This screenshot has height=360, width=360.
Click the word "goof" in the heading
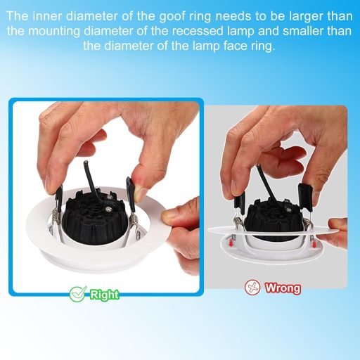coord(174,17)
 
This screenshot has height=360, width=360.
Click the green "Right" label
coord(105,295)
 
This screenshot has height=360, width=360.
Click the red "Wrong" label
coord(283,288)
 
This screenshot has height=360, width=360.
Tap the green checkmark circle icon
coord(77,294)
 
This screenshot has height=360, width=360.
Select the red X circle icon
coord(252,287)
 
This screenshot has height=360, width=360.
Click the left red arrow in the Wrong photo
coord(231,243)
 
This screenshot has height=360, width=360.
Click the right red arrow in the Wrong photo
coord(314,244)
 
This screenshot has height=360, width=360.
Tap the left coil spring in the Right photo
coord(55,217)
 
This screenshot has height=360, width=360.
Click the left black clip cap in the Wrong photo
coord(240,200)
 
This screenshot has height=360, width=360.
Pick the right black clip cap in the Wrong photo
coord(305,198)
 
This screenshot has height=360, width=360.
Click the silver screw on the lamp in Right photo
coord(108,208)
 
